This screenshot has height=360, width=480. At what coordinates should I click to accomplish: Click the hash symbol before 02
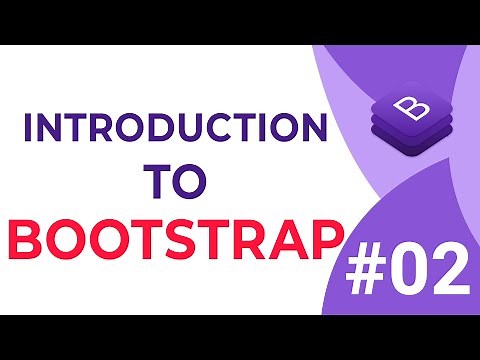tap(371, 270)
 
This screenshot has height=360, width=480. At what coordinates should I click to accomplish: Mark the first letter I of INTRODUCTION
tap(27, 130)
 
